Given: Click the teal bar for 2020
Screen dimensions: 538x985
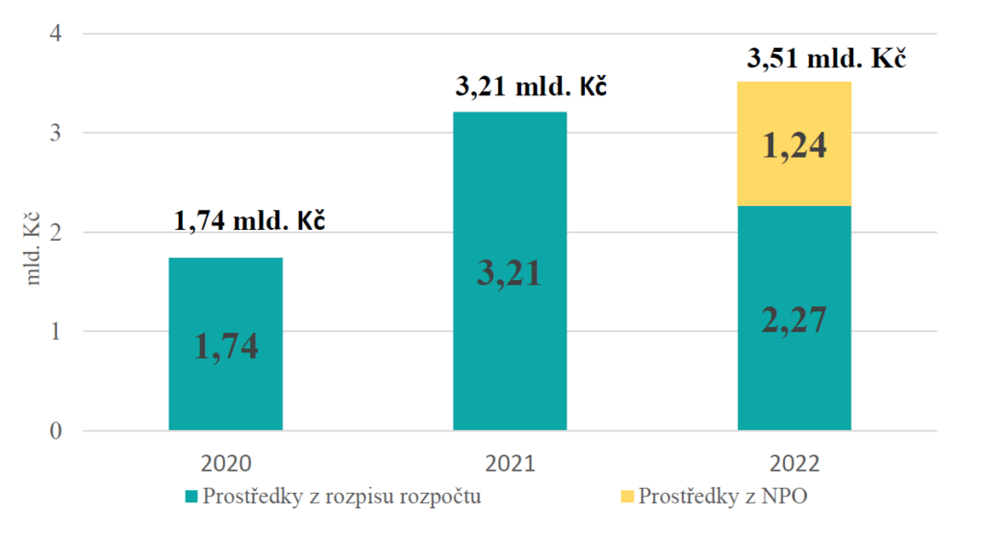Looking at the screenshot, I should (225, 298).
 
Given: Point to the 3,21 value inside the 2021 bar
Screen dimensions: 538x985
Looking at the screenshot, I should (509, 273).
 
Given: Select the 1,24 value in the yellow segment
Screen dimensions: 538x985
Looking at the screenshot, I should (794, 145).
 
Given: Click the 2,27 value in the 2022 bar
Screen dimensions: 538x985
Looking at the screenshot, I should (794, 319).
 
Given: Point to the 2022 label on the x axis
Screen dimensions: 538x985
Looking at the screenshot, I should (794, 464).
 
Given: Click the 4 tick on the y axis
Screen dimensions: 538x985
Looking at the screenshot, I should (54, 34).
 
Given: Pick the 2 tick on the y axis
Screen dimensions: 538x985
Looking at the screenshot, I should (54, 232).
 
